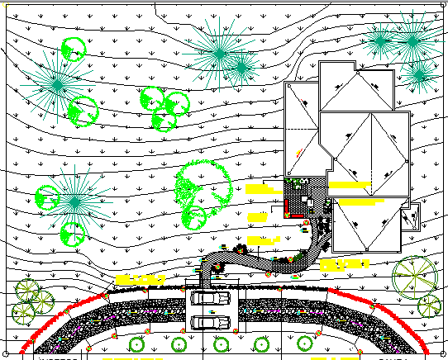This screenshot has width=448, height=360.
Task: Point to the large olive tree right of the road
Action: tap(414, 277)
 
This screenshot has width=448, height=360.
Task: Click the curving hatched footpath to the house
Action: tap(248, 260)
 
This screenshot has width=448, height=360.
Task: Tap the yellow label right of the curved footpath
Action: tap(343, 265)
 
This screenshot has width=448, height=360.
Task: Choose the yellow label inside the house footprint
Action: tap(355, 201)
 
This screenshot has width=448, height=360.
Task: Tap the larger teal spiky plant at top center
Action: tap(219, 52)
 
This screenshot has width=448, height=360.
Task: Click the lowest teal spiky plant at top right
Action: tap(420, 76)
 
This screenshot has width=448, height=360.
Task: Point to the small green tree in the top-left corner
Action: tap(73, 49)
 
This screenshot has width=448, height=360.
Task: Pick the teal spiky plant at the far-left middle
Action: tap(75, 201)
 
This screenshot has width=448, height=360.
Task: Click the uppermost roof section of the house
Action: tap(356, 89)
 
